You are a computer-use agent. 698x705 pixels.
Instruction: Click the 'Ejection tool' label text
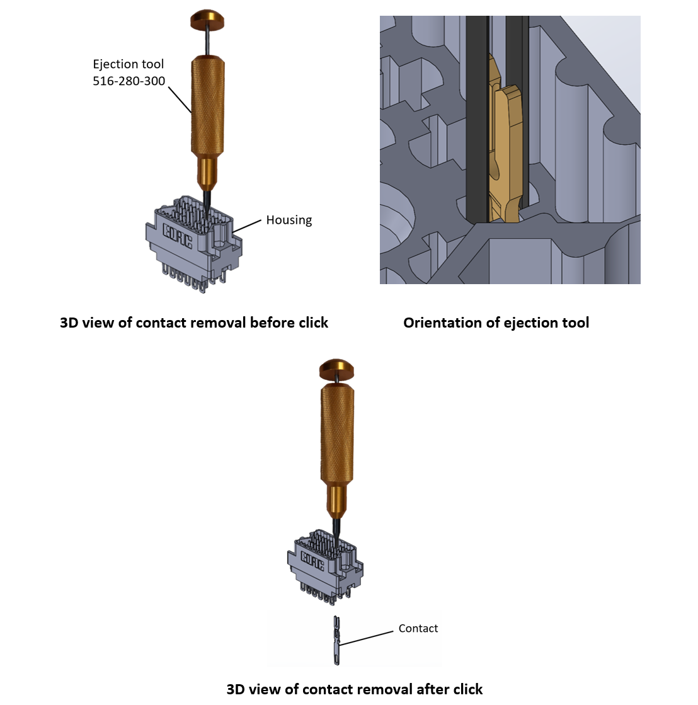128,64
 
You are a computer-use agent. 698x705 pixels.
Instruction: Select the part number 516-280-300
129,81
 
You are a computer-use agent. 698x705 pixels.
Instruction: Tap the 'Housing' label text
289,220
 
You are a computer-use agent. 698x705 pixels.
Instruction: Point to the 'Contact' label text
418,628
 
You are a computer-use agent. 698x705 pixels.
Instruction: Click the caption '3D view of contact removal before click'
194,323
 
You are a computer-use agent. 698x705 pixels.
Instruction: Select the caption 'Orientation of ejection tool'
496,323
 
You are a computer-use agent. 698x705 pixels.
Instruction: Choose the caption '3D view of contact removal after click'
354,689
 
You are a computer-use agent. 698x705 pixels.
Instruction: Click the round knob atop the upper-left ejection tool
208,19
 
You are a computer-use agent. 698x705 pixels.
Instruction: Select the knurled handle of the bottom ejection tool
337,435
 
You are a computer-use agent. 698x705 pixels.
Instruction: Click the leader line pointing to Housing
247,227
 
